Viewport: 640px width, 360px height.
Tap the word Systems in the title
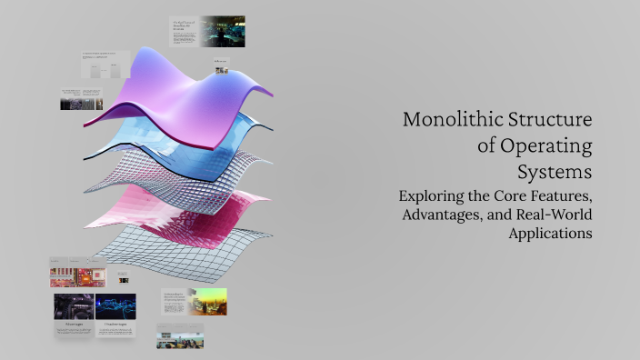pyautogui.click(x=555, y=171)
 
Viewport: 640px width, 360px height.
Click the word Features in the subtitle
pyautogui.click(x=560, y=195)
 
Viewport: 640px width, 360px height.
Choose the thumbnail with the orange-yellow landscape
pyautogui.click(x=207, y=302)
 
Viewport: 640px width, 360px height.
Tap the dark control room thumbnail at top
pyautogui.click(x=223, y=31)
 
